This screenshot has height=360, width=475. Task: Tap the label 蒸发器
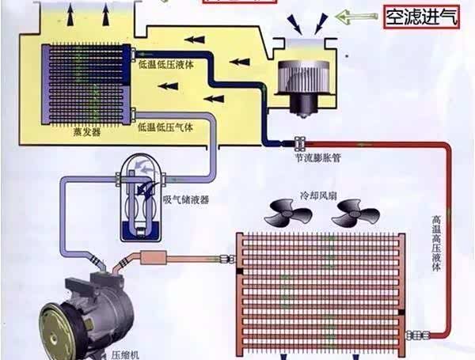point(85,134)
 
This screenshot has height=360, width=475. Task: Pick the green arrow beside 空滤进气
point(354,16)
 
